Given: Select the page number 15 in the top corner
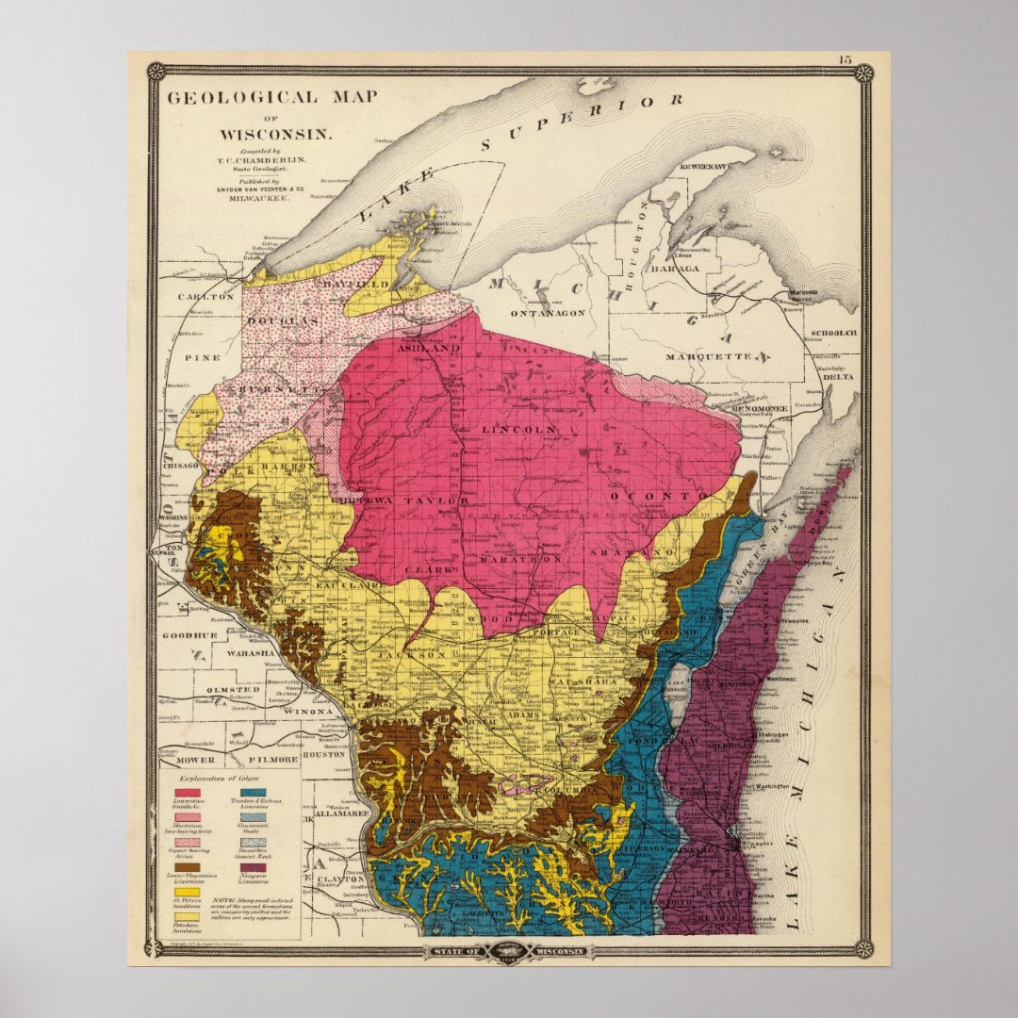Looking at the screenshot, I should click(843, 59).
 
